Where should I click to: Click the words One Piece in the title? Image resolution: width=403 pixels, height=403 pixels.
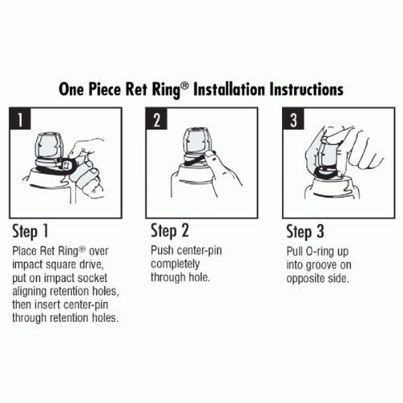[x=93, y=88]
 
